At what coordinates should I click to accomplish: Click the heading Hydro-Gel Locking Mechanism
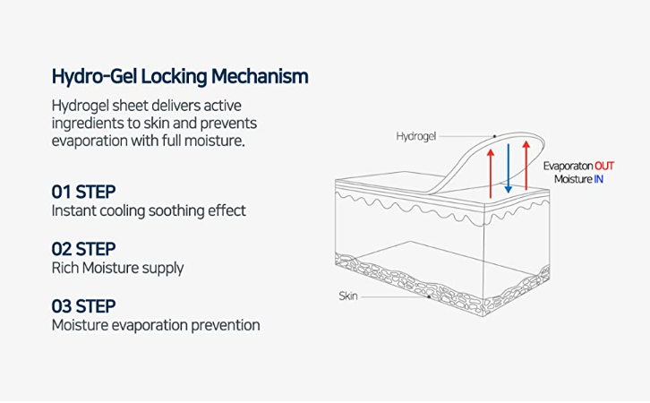tap(179, 76)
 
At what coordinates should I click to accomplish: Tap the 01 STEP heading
tap(83, 192)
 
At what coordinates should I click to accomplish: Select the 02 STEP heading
tap(83, 249)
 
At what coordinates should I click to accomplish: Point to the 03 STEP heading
tap(83, 306)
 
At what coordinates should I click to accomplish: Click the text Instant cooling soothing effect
tap(148, 211)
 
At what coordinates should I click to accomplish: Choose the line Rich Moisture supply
tap(117, 268)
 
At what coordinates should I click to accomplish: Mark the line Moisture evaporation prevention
tap(155, 325)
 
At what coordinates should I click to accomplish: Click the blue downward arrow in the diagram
tap(508, 167)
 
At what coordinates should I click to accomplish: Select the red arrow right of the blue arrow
tap(526, 167)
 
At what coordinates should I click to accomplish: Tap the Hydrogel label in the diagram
tap(416, 137)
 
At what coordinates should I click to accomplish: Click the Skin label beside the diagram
tap(348, 296)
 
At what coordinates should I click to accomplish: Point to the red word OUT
tap(605, 166)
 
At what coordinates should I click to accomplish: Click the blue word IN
tap(598, 179)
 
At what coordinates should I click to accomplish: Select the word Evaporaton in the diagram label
tap(568, 166)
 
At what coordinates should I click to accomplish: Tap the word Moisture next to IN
tap(572, 179)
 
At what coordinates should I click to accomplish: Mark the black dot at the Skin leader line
tap(431, 296)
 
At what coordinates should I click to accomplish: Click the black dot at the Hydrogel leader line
tap(493, 137)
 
